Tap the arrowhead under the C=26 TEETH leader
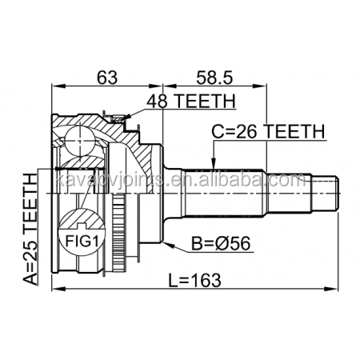coord(212,163)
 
